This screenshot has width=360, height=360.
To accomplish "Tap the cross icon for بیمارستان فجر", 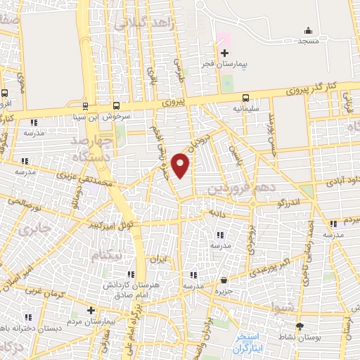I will coord(224,53).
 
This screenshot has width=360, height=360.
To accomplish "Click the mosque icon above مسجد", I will coord(307,30).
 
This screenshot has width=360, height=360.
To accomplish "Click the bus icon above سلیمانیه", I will coord(246,98).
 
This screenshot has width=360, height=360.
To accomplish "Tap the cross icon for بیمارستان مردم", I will coord(90,310).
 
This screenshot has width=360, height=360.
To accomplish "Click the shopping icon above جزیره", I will coord(224,279).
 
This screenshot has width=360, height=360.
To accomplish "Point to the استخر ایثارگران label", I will coord(251,340).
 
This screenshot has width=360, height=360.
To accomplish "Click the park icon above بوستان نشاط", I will coord(301,327).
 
